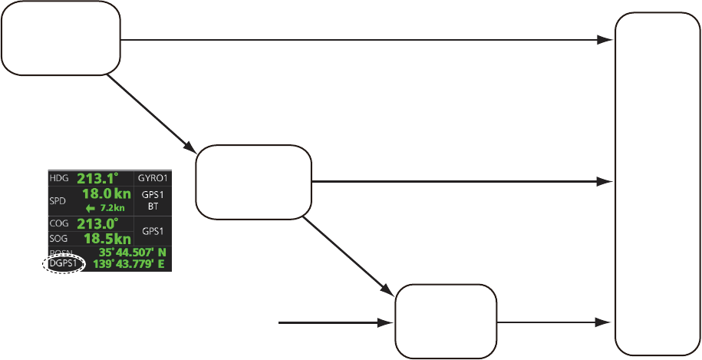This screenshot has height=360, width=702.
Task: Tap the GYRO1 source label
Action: pos(154,178)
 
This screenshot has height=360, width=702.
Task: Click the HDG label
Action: pos(58,178)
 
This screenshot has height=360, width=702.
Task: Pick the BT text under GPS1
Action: pos(154,207)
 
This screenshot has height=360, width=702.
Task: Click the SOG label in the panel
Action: pos(58,239)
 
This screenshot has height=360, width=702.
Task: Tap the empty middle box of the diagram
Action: pos(254,182)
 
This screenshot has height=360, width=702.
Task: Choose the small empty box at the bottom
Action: pos(445,321)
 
